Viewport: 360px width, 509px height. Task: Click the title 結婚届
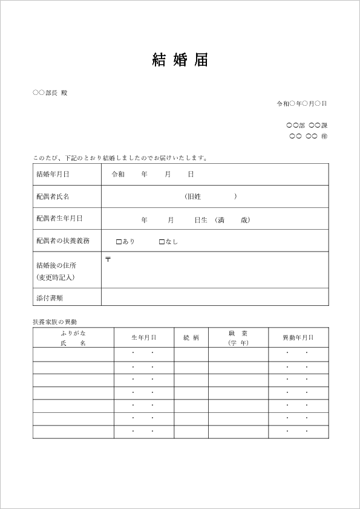click(x=180, y=60)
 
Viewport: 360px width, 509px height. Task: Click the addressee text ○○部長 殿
click(x=50, y=93)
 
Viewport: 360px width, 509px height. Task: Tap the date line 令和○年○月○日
click(x=301, y=103)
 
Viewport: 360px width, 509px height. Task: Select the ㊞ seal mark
click(x=324, y=136)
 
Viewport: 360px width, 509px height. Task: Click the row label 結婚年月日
click(x=53, y=174)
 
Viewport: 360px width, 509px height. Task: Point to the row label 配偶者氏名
click(x=53, y=196)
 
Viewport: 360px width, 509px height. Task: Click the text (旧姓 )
click(x=211, y=196)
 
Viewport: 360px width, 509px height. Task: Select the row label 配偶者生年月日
click(x=59, y=218)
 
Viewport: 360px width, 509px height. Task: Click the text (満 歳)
click(x=232, y=220)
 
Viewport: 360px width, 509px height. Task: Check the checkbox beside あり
click(x=119, y=242)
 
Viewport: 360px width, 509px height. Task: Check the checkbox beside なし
click(x=162, y=242)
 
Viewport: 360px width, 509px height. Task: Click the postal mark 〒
click(x=108, y=259)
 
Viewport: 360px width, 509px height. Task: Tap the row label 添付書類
click(x=50, y=297)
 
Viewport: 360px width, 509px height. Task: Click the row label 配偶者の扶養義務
click(x=63, y=241)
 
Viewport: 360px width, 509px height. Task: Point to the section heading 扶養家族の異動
click(x=55, y=322)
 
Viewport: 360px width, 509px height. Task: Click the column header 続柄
click(x=191, y=338)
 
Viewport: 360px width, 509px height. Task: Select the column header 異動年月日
click(x=298, y=338)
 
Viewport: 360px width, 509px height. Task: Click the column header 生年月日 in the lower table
click(x=144, y=338)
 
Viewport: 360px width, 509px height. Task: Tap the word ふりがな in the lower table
click(x=73, y=333)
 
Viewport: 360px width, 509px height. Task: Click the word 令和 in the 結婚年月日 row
click(x=118, y=174)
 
